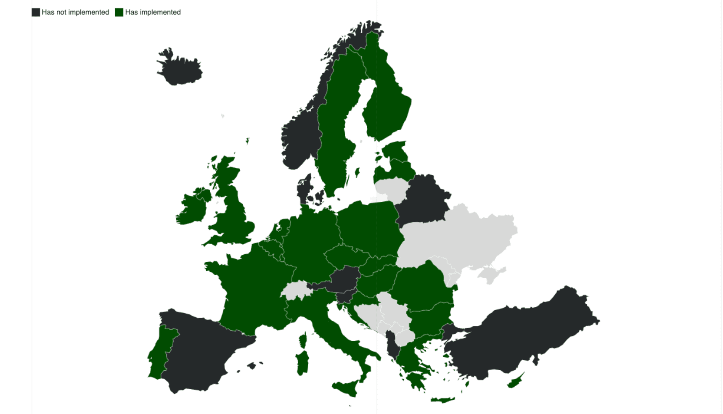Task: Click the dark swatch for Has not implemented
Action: coord(36,12)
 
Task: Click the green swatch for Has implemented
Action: coord(119,12)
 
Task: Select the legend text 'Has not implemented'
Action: coord(75,12)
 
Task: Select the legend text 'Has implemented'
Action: coord(153,12)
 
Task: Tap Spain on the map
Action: coord(202,353)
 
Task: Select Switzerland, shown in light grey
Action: coord(296,290)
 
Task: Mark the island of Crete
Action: coord(442,400)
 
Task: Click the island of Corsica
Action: coord(303,340)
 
